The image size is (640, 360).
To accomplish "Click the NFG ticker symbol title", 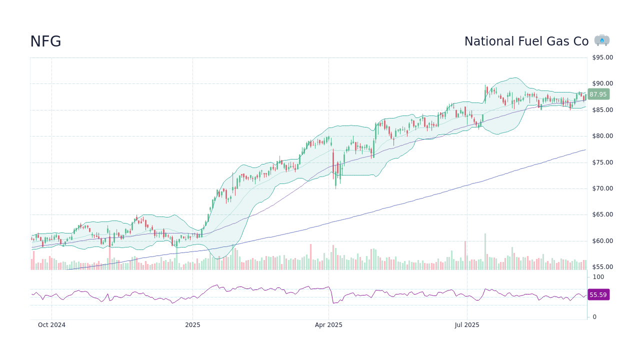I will point(45,41).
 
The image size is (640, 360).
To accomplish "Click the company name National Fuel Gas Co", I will point(526,41).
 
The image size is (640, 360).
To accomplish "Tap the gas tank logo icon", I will point(602,40).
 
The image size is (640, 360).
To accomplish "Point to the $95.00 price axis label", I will point(602,57).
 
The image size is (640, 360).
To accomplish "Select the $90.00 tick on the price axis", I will point(602,83).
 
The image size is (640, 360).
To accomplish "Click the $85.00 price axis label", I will point(602,110).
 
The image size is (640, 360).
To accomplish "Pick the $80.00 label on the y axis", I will point(602,136).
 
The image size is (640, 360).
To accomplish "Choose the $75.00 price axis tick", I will point(602,162).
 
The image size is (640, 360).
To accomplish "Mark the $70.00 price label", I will point(602,188).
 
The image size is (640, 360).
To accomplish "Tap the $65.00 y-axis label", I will point(602,214).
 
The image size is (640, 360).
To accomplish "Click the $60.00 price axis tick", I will point(602,241).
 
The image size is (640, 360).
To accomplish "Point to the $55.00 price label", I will point(602,267).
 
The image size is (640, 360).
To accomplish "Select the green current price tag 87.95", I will point(598,94).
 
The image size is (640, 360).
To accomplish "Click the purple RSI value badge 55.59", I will point(598,295).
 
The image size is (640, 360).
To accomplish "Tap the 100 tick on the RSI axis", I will point(598,277).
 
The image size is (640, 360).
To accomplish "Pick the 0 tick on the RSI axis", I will point(594,317).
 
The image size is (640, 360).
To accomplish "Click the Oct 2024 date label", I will point(51,325).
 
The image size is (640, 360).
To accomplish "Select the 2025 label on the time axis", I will point(192,325).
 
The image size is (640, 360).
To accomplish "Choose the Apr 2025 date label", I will point(328,325).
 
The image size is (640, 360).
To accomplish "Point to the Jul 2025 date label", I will point(467,325).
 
